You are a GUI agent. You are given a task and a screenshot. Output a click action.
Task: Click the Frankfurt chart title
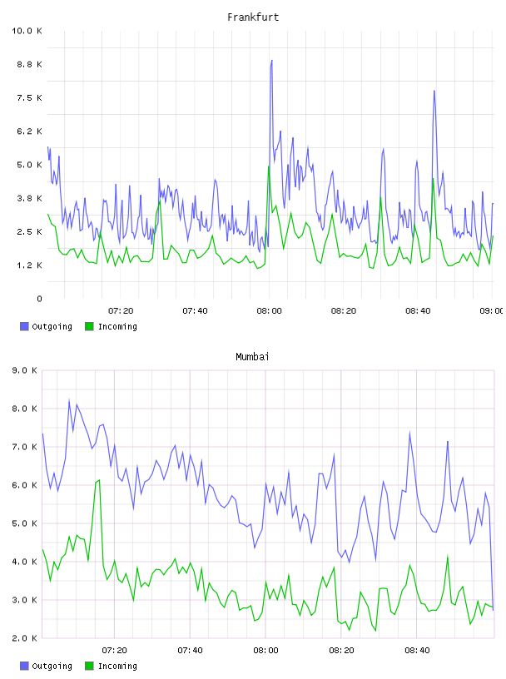(x=253, y=17)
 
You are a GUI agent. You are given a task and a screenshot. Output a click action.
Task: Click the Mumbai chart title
(x=252, y=357)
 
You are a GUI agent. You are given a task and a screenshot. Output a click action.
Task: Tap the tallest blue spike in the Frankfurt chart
(x=271, y=61)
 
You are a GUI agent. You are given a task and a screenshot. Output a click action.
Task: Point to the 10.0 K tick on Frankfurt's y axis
(x=27, y=31)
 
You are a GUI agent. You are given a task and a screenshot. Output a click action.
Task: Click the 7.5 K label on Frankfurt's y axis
(x=29, y=98)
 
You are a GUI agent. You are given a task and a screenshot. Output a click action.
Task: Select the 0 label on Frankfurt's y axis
(x=39, y=299)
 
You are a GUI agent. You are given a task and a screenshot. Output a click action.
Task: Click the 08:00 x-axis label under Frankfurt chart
(x=269, y=311)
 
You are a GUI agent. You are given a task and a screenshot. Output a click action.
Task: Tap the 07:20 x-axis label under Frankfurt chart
(x=121, y=311)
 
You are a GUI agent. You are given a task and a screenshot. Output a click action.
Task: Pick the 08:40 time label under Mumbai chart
(x=417, y=651)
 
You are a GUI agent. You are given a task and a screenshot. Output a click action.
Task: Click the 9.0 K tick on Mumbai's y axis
(x=25, y=370)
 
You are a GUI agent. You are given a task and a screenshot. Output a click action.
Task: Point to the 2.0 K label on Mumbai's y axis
(x=25, y=638)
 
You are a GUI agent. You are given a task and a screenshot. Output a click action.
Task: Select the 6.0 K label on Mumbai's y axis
(x=25, y=485)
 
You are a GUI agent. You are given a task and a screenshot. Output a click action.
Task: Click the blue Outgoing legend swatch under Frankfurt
(x=24, y=326)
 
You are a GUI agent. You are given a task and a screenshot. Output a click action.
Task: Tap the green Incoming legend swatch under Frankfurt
(x=89, y=326)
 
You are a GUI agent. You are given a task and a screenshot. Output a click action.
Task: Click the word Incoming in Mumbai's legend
(x=117, y=666)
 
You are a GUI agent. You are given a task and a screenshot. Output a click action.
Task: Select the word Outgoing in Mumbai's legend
(x=52, y=666)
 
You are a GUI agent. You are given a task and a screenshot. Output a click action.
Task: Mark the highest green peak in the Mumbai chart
(x=100, y=480)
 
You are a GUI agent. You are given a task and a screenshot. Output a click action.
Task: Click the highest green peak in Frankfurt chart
(x=269, y=166)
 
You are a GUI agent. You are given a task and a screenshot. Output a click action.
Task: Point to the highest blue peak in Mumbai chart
(x=69, y=400)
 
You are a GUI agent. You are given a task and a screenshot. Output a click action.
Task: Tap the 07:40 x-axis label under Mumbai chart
(x=190, y=651)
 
